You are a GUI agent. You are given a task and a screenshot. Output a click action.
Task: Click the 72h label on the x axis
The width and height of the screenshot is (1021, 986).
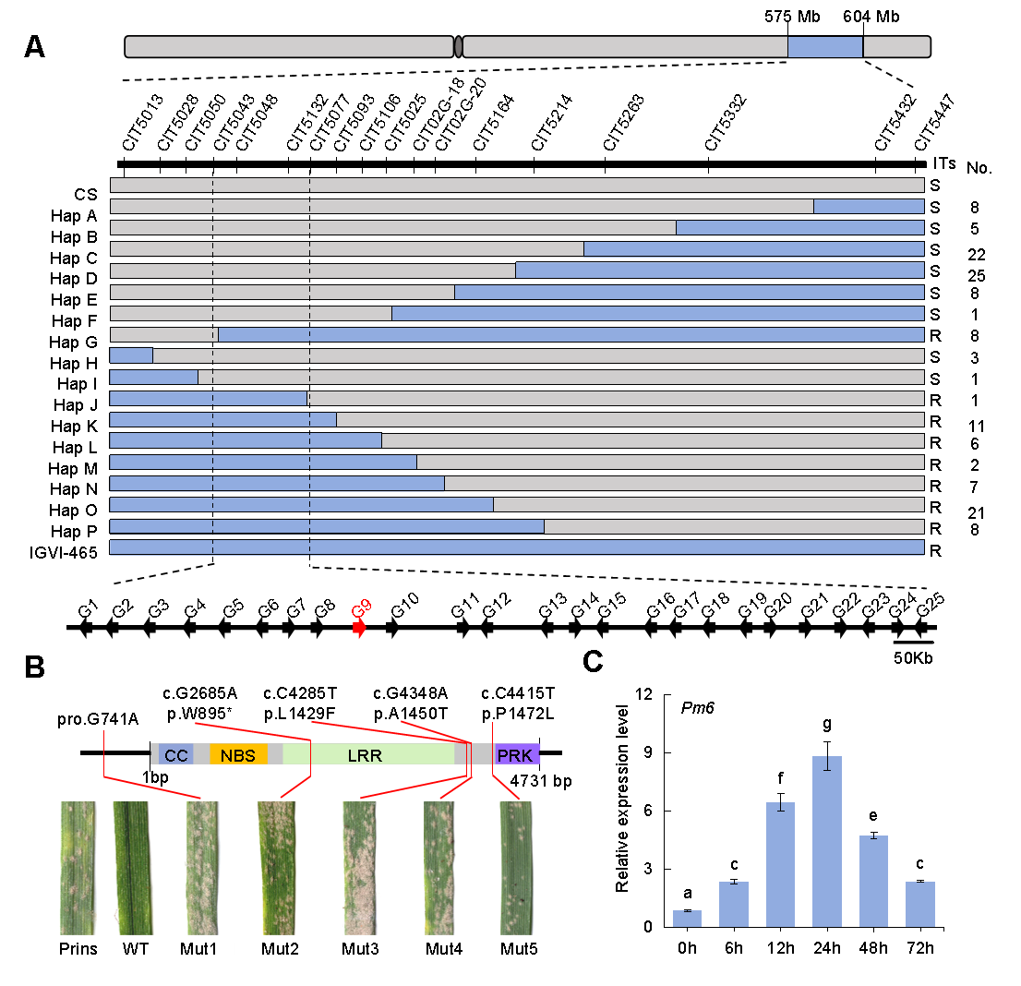[x=919, y=948]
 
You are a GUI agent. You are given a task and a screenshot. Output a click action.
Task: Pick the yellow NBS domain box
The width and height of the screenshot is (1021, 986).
[x=238, y=754]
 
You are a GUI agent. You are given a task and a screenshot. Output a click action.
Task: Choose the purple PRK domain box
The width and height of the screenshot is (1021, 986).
[x=516, y=754]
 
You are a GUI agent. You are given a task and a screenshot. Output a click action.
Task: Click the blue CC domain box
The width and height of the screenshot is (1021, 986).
[x=176, y=754]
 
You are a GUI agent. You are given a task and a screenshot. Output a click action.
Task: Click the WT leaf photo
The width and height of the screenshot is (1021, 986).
[x=130, y=868]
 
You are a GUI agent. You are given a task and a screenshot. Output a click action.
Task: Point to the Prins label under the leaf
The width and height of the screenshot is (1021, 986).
[x=78, y=948]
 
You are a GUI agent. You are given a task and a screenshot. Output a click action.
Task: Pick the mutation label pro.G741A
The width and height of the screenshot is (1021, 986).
[x=99, y=719]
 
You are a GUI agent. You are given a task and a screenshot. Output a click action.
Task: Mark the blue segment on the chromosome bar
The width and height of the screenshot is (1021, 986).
[x=824, y=47]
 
